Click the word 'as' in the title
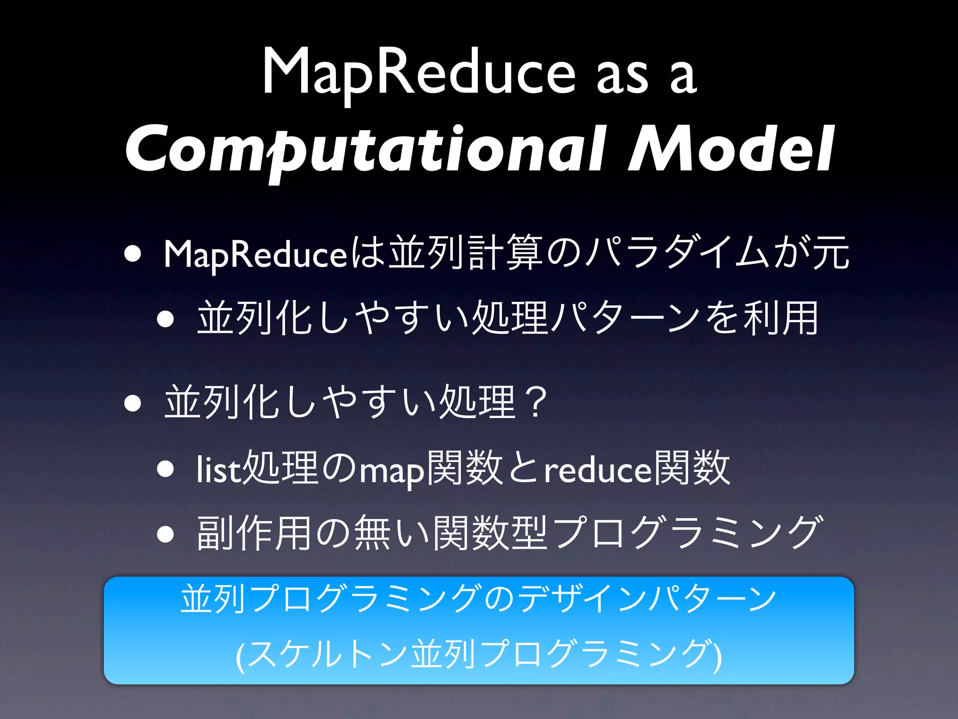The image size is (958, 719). click(x=622, y=77)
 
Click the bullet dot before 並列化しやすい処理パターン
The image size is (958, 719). click(x=166, y=319)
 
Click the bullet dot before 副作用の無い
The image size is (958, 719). click(x=166, y=534)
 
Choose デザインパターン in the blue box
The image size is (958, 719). click(x=648, y=599)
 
